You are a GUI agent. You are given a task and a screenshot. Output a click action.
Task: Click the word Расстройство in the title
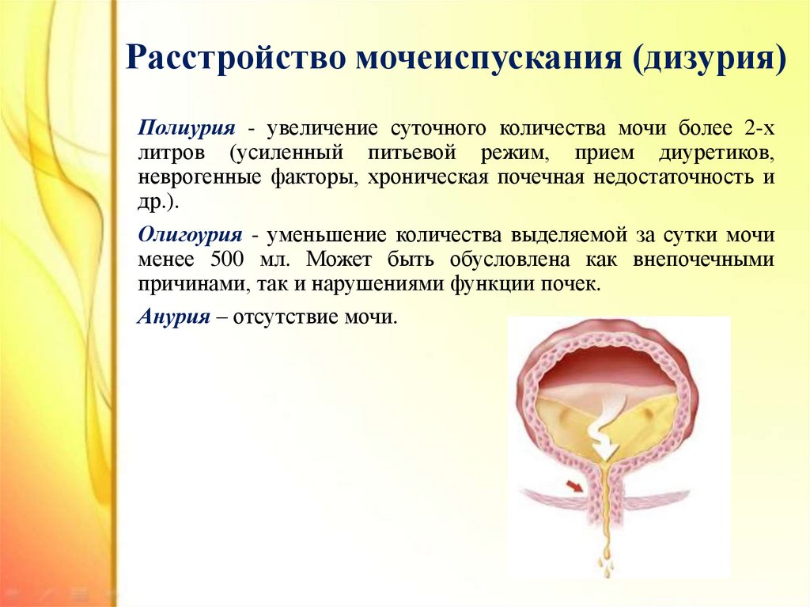(235, 57)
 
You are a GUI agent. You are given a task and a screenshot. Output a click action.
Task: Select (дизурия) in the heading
(709, 58)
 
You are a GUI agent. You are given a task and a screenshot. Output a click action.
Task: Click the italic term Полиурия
(187, 128)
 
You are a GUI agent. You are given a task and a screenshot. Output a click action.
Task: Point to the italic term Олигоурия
(190, 236)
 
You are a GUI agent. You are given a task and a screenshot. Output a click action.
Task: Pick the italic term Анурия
(174, 316)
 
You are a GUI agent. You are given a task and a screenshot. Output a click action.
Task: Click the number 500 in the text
(226, 259)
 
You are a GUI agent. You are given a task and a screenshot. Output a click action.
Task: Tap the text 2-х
(759, 127)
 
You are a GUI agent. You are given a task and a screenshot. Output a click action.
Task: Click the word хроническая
(428, 177)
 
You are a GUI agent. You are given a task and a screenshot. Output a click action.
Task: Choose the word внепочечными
(703, 260)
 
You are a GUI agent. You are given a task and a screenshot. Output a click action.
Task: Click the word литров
(172, 153)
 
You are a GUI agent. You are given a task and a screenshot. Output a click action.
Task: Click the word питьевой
(412, 154)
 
